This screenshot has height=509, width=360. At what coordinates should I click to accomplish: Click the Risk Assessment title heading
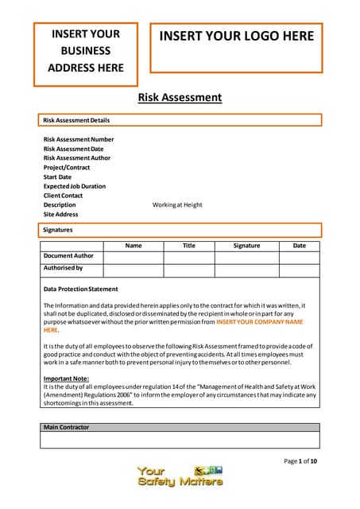[180, 98]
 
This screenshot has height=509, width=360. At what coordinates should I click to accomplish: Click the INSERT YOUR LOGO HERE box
[237, 37]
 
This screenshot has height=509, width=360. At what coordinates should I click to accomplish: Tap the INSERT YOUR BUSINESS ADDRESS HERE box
[85, 51]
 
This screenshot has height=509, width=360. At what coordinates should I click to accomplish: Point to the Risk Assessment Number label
[79, 139]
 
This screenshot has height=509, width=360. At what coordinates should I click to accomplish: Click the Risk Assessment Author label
[77, 158]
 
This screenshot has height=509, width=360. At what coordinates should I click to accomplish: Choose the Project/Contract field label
[67, 168]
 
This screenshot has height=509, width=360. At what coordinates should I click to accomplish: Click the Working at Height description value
[177, 204]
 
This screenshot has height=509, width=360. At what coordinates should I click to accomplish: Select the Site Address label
[60, 214]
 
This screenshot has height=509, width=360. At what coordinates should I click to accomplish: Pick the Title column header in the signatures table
[188, 246]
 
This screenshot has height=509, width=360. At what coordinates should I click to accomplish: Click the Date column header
[299, 246]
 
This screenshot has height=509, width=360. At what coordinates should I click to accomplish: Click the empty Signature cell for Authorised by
[246, 270]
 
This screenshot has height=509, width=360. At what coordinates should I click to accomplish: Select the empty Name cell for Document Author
[133, 257]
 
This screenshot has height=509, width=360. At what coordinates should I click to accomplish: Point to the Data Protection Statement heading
[80, 289]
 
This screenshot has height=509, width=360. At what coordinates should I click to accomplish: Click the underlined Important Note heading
[66, 379]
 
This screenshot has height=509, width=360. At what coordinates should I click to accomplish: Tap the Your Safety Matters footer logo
[180, 476]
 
